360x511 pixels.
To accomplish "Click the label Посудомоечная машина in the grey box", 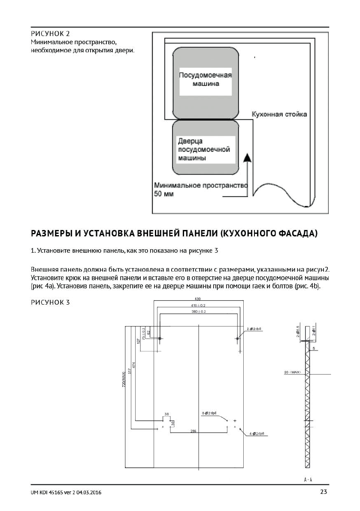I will [205, 79].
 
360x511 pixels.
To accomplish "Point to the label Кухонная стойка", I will [279, 115].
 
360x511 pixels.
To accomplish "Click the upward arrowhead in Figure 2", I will [247, 157].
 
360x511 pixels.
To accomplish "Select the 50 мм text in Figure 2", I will [161, 194].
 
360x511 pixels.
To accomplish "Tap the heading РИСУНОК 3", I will [50, 302].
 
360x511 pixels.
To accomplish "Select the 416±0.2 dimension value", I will [198, 305].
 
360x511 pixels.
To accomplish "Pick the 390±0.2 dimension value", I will [198, 311].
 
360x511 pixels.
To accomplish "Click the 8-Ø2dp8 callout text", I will [209, 413].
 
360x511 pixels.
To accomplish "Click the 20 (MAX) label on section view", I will [293, 372].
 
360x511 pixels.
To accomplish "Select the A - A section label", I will [307, 479].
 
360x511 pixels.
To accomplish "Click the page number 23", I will [324, 492].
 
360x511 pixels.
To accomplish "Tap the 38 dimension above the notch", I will [166, 414].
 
